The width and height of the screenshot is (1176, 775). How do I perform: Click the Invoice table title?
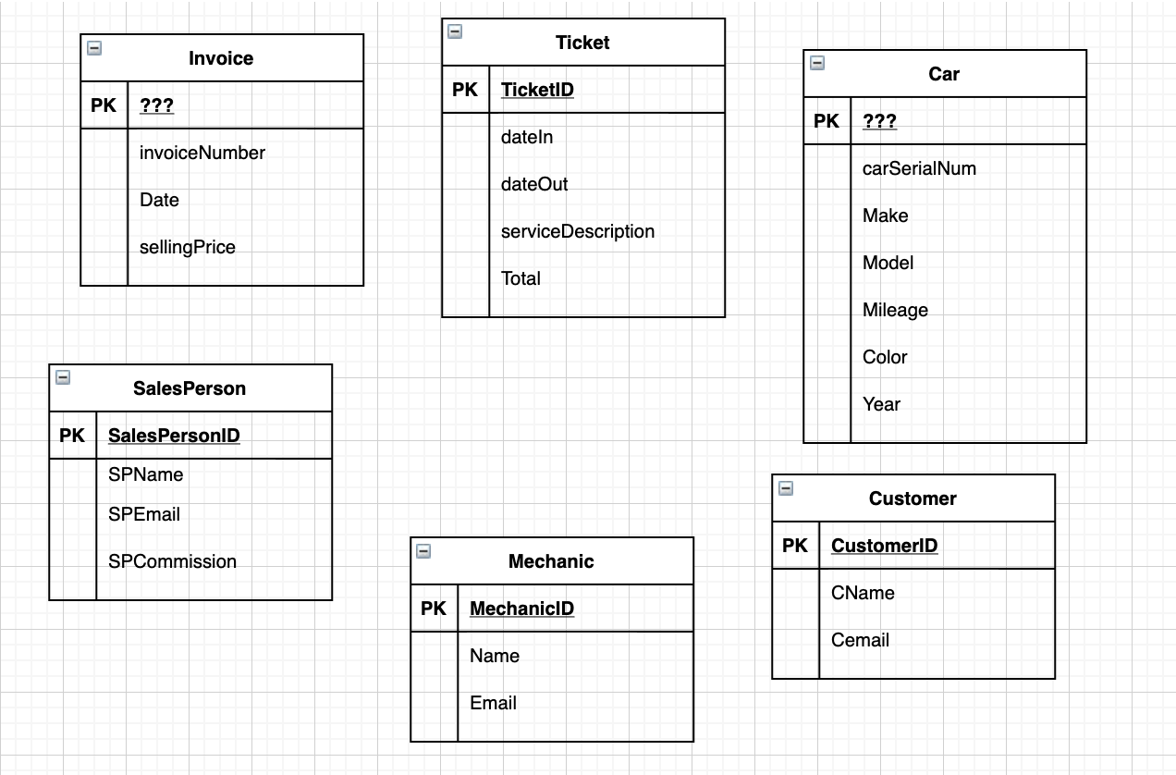pos(221,58)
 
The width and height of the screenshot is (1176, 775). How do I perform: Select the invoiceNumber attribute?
pos(202,153)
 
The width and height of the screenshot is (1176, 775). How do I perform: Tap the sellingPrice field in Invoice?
pos(188,247)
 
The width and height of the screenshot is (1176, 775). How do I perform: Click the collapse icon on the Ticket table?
pos(455,31)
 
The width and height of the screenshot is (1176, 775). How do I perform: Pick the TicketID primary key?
pos(537,90)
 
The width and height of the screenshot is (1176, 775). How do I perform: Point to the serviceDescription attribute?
pos(578,231)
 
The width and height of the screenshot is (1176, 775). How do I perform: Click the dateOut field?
pos(534,184)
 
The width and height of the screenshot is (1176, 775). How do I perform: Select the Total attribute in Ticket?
pos(521,278)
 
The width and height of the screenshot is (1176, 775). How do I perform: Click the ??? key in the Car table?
pos(879,121)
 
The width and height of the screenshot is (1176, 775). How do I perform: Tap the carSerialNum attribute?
pos(919,168)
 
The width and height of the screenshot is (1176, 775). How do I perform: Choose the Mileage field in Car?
pos(895,310)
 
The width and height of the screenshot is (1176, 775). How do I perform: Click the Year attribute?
pos(881,404)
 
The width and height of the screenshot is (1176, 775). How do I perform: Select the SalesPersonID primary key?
pos(174,436)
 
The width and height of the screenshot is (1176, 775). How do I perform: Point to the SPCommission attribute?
pos(172,561)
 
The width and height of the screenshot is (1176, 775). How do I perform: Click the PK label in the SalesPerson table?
pos(72,436)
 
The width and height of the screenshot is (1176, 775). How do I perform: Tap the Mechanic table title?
pos(551,561)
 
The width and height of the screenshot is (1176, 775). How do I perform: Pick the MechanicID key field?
pos(521,609)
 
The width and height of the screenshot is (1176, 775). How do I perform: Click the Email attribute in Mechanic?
pos(493,703)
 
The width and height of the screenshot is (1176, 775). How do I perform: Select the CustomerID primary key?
pos(884,546)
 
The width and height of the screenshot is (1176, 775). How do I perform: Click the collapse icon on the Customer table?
pos(786,487)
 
